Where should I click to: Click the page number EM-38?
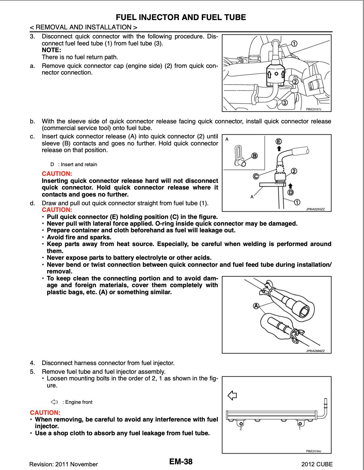pos(181,462)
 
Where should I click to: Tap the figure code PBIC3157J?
pos(313,109)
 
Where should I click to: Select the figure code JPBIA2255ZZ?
pos(318,209)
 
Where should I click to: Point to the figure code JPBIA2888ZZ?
pos(318,351)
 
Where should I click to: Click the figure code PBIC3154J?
pos(313,451)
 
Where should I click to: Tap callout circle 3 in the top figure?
pos(284,102)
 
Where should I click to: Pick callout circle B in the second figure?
pos(254,156)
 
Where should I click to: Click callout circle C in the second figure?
pos(256,177)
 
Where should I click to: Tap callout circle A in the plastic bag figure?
pos(256,306)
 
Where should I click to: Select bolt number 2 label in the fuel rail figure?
pos(240,429)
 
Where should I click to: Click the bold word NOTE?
pos(51,50)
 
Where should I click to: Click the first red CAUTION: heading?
pos(57,174)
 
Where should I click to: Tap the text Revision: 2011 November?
pos(64,464)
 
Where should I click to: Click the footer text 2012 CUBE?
pos(317,464)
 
